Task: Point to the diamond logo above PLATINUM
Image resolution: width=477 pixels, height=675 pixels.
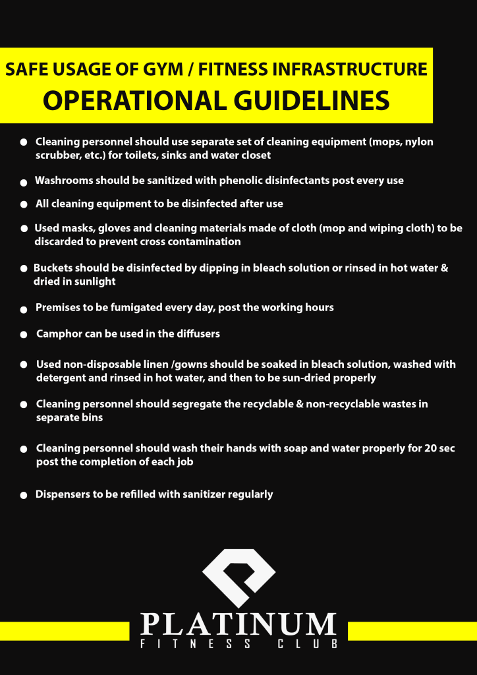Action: (238, 577)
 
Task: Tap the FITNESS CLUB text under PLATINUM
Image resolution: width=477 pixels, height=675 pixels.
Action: (238, 644)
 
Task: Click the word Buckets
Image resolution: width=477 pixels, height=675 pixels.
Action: (54, 268)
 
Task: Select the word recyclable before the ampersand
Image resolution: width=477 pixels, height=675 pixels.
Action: (270, 403)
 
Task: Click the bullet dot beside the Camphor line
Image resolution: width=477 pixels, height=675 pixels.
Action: (24, 335)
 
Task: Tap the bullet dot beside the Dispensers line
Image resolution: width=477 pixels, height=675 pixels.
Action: (24, 495)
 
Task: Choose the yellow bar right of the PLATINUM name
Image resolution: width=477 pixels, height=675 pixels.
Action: (412, 631)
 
